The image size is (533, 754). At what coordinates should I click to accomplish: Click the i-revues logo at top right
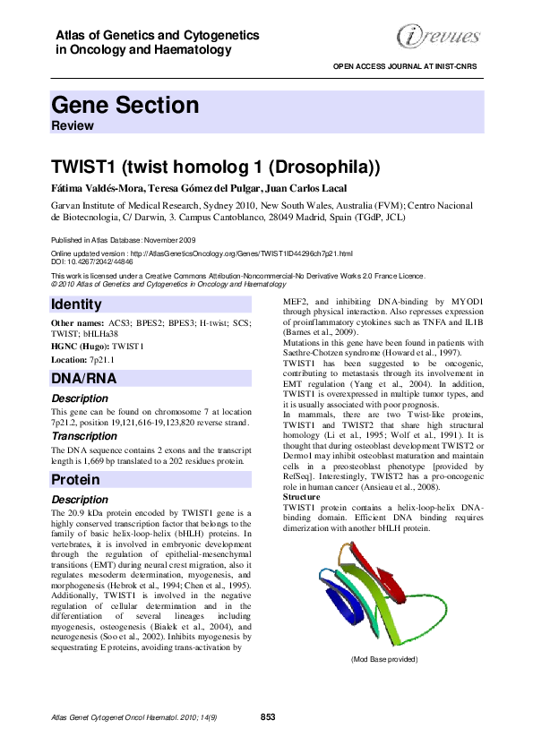coord(436,36)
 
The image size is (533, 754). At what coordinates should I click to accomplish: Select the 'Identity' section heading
coord(77,304)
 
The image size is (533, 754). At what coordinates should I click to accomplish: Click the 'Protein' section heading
coord(75,480)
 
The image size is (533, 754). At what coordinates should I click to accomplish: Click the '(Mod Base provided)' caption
coord(383,659)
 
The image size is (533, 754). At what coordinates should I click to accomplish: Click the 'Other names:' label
coord(77,321)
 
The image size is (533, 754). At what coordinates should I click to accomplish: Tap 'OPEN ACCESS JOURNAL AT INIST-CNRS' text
coord(408,67)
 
